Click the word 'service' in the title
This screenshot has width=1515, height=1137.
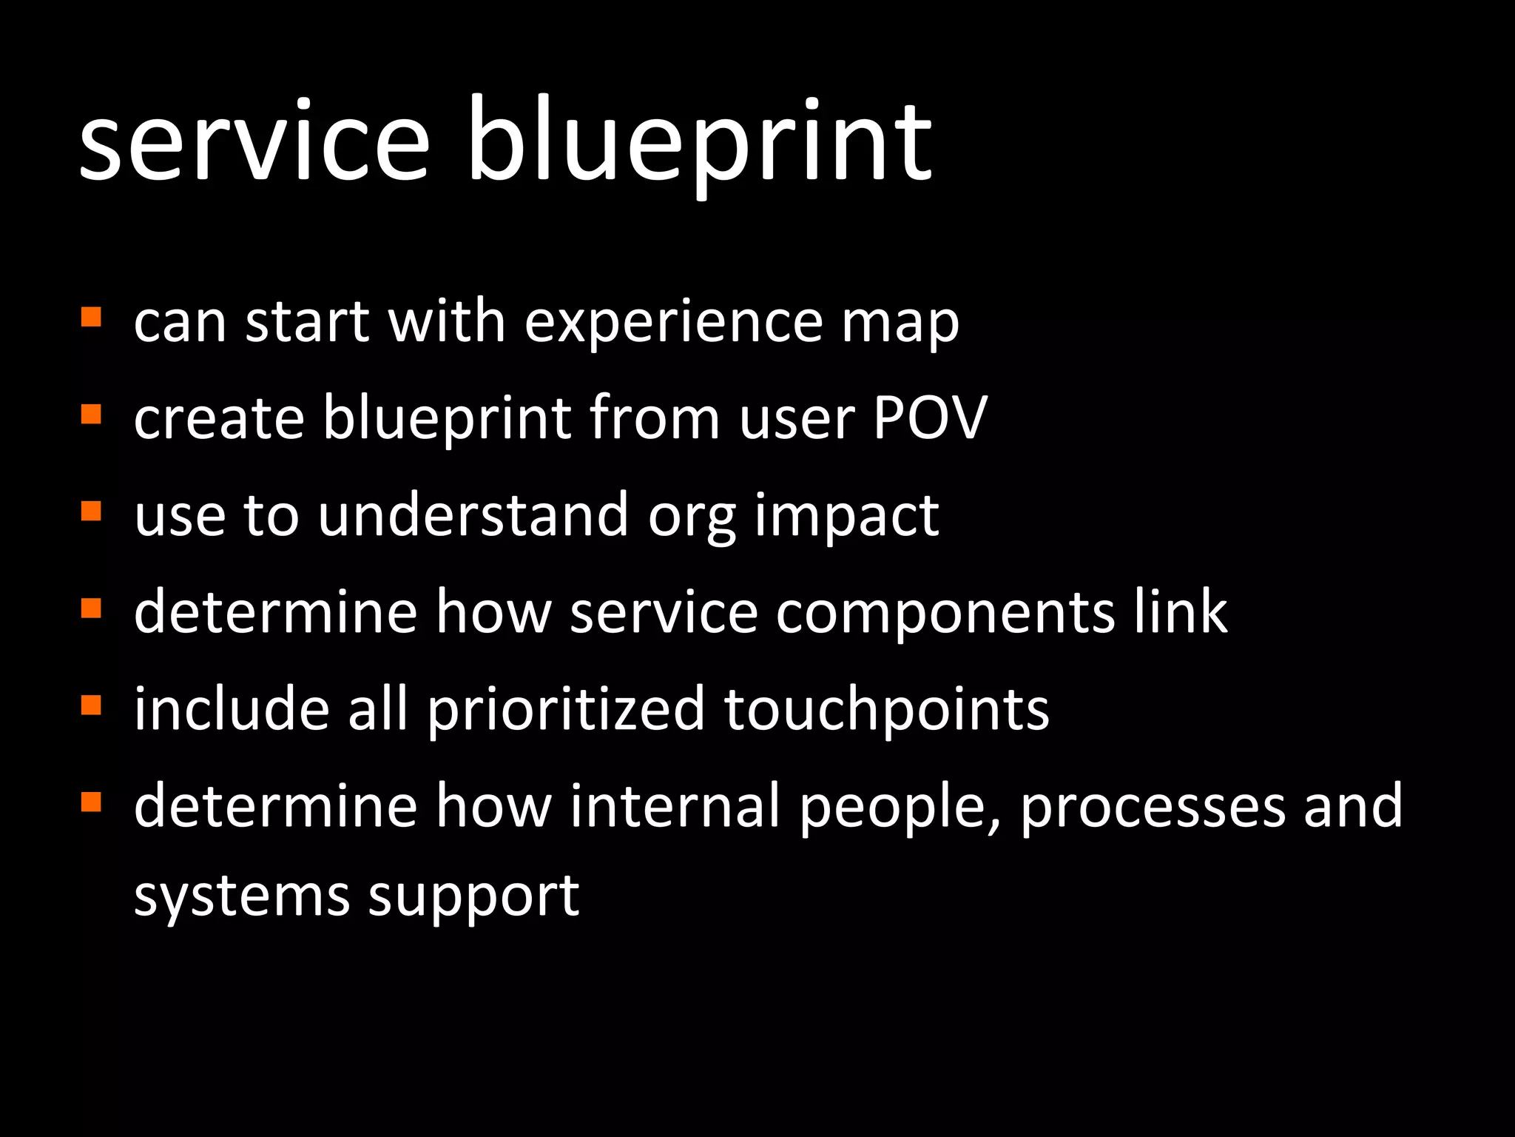point(254,141)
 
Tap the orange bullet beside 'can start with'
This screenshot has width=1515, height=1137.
point(90,318)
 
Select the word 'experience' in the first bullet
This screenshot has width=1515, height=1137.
point(673,323)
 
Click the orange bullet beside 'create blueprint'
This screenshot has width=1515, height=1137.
point(90,414)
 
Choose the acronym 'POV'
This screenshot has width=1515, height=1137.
point(930,418)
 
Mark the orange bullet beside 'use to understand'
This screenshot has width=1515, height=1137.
point(90,511)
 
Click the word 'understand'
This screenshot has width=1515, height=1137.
point(473,515)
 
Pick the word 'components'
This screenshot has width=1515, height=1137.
point(945,614)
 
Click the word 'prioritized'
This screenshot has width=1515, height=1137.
point(566,711)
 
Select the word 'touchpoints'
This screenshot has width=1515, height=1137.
point(886,711)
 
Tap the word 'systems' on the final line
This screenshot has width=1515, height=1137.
point(241,897)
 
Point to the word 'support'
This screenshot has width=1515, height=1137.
point(473,899)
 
